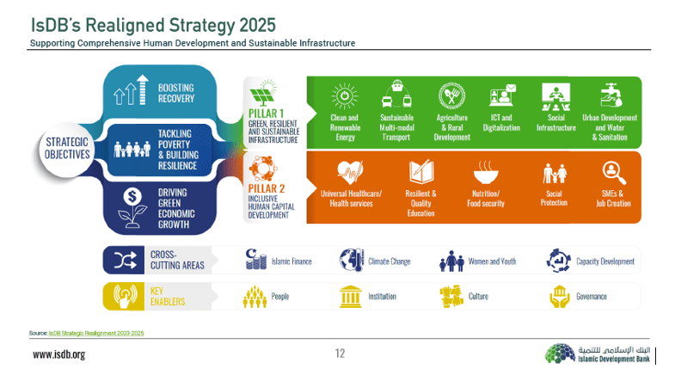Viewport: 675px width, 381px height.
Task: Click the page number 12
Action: (341, 353)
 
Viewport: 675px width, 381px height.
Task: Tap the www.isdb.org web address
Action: (59, 354)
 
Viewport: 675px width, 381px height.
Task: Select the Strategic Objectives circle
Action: (67, 149)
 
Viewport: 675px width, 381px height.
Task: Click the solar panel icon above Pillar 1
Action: (262, 93)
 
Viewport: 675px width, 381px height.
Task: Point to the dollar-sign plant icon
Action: (132, 207)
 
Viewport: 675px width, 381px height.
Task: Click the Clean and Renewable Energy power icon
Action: (345, 96)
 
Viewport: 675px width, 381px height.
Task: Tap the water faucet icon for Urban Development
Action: (611, 95)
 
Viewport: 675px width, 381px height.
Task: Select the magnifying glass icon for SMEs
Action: (613, 173)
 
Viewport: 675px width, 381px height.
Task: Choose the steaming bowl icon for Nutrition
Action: (486, 172)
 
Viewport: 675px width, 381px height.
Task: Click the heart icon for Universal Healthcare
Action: (351, 172)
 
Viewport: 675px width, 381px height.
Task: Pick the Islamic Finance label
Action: (291, 261)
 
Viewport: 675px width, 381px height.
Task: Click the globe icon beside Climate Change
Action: (352, 260)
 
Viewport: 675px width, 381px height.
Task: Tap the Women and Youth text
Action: (492, 261)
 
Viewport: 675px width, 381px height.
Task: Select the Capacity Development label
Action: (605, 261)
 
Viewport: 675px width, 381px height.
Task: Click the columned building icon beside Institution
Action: (351, 297)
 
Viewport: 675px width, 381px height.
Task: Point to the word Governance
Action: (592, 297)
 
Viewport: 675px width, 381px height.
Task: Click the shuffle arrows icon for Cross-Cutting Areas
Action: (125, 260)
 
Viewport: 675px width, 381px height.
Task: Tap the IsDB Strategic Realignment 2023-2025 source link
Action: (96, 333)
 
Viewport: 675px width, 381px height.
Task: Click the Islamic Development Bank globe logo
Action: (560, 353)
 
